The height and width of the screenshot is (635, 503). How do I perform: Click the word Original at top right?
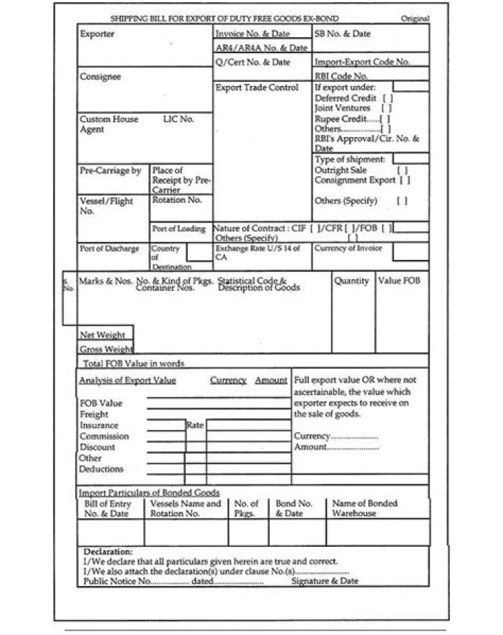[x=415, y=19]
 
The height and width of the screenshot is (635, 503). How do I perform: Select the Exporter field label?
[x=97, y=34]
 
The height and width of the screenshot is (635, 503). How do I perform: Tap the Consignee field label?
[x=100, y=77]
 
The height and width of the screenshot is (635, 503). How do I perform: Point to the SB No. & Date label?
[x=342, y=34]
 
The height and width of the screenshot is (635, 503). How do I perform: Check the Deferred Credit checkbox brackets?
[x=388, y=99]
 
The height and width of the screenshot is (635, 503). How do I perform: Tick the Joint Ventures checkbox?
[x=386, y=108]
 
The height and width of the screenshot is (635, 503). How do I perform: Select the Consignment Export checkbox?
[x=404, y=180]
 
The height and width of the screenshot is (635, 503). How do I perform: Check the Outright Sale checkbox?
[x=402, y=170]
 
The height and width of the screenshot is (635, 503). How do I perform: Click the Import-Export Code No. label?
[x=362, y=62]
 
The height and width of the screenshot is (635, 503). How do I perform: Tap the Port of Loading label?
[x=179, y=229]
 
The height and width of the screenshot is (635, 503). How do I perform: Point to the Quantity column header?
[x=351, y=281]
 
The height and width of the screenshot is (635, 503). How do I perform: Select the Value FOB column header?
[x=400, y=281]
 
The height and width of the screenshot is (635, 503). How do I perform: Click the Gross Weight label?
[x=106, y=349]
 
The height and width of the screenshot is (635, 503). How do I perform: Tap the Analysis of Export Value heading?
[x=127, y=380]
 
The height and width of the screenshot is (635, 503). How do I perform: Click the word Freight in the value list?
[x=94, y=415]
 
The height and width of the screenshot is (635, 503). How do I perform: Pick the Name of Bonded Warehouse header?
[x=364, y=508]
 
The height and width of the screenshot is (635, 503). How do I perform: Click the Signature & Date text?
[x=324, y=580]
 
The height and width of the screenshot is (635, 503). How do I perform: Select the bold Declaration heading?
[x=108, y=552]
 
